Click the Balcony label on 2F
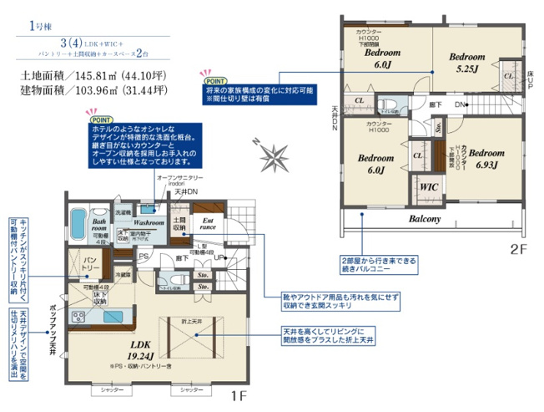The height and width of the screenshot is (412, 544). point(431,219)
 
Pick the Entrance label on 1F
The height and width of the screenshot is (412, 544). point(207,223)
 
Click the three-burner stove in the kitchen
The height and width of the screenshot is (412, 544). point(79,317)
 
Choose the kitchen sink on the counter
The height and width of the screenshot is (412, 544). point(111,317)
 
